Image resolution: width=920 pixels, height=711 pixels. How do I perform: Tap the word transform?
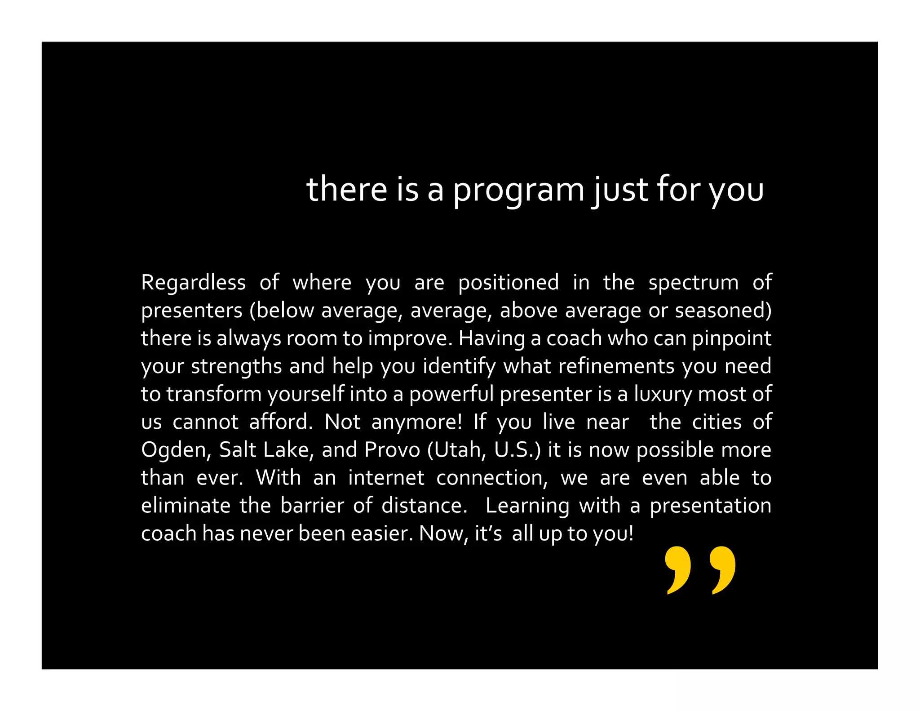point(214,394)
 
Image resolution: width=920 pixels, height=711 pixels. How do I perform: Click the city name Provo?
point(392,450)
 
